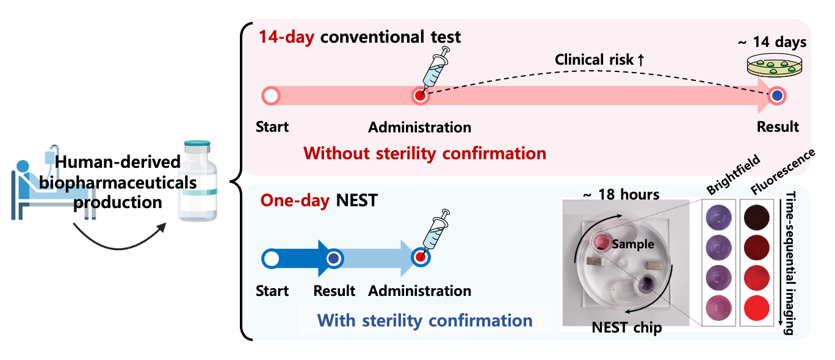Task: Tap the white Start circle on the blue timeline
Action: (x=270, y=259)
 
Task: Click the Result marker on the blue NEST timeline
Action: (x=333, y=259)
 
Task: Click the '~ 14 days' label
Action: (x=772, y=43)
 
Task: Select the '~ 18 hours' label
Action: (x=621, y=195)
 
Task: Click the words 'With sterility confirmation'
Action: (x=425, y=320)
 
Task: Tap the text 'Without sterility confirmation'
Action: (x=425, y=153)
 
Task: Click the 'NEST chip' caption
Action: (x=627, y=328)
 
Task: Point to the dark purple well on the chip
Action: (x=645, y=284)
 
